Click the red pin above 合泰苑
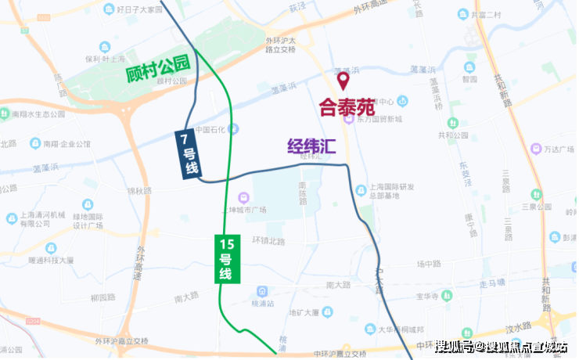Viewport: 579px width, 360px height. (342, 80)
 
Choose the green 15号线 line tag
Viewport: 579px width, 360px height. (225, 257)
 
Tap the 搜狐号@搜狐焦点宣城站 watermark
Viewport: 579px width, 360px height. (501, 347)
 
